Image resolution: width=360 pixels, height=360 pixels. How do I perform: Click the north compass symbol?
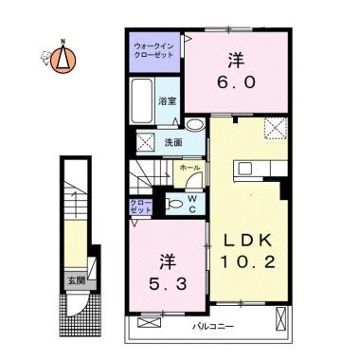coord(63,59)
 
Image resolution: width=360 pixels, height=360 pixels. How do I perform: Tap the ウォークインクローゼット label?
coord(153,50)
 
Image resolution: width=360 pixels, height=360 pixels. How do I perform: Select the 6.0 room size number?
coord(236,82)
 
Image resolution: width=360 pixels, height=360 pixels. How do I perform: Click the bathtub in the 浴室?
coord(142,100)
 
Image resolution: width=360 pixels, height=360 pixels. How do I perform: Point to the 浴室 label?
coord(168,101)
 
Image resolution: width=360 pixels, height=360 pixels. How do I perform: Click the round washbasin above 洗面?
coord(194,124)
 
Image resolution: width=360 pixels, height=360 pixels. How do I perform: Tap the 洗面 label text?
coord(173,143)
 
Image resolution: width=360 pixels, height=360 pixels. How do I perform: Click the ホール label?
coord(189,168)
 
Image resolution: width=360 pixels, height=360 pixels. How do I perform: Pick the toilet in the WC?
coord(174,204)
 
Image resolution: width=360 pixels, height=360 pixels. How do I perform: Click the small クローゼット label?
coord(141,207)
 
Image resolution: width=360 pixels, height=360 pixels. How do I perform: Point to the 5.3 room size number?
coord(168,285)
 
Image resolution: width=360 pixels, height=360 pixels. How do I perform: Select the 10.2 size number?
coord(248,261)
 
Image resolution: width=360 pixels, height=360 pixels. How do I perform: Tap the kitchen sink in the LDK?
coord(245,169)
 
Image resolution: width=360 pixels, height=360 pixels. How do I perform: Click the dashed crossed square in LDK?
coord(276,128)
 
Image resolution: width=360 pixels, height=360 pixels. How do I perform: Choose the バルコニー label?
coord(213,326)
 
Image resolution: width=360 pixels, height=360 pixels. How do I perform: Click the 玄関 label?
coord(77,280)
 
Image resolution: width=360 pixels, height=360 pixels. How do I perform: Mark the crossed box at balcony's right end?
coord(280,318)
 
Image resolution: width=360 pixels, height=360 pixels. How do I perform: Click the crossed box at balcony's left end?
coord(150,322)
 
